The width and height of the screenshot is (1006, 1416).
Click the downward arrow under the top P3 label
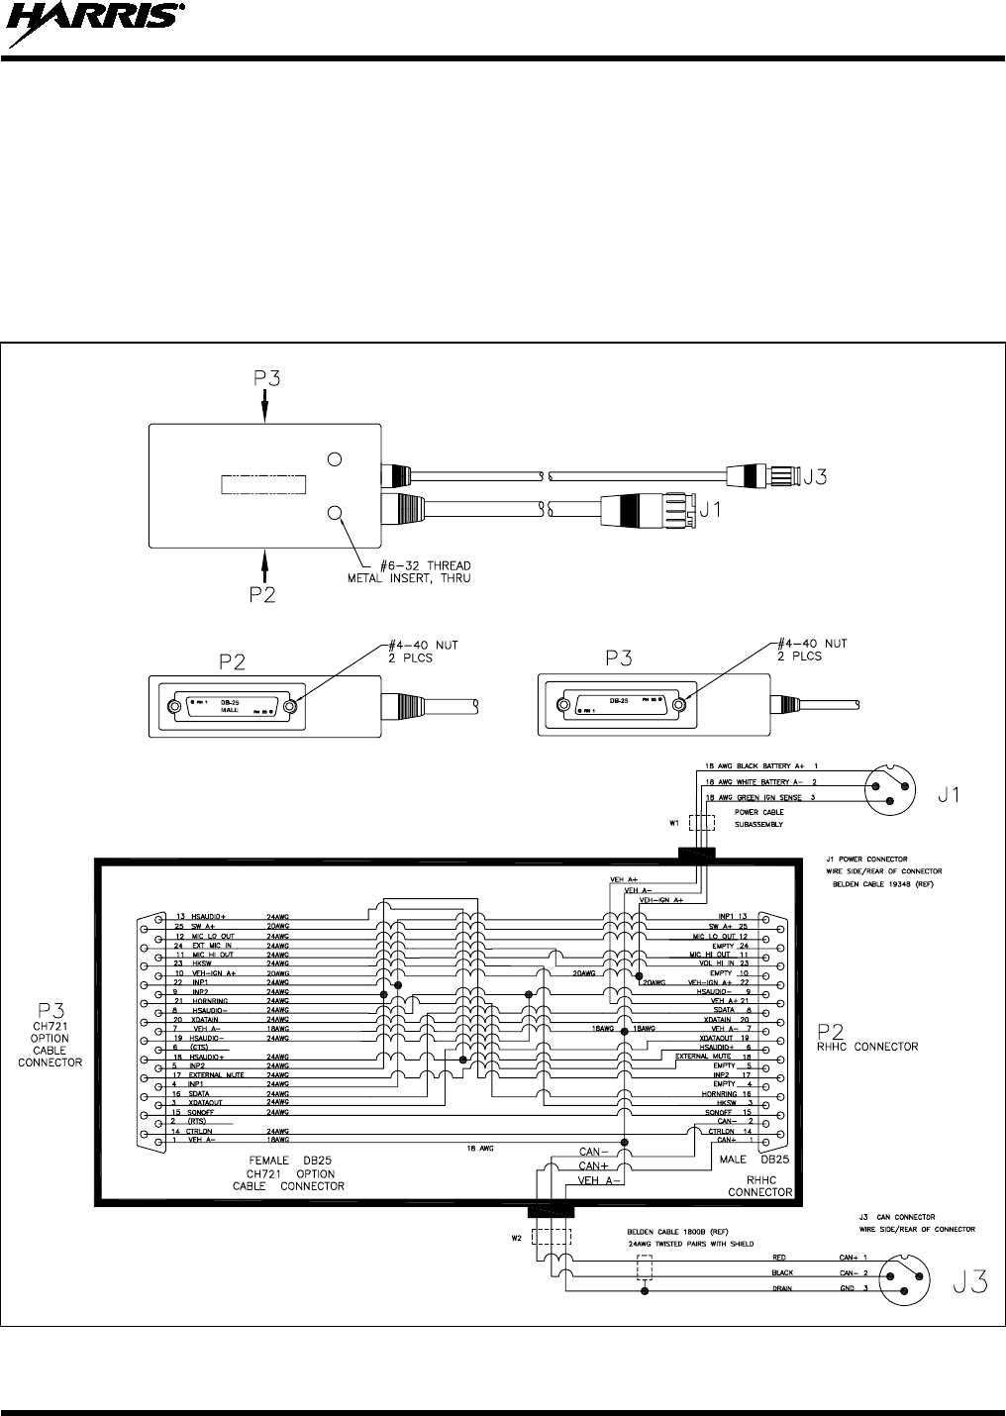[265, 406]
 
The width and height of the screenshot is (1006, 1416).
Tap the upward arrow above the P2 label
[265, 564]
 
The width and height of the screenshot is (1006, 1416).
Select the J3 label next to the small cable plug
[815, 477]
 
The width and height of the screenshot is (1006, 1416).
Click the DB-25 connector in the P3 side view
[620, 706]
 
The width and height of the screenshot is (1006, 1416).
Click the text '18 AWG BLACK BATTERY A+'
[750, 766]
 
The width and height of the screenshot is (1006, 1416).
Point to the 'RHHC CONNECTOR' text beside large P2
[867, 1045]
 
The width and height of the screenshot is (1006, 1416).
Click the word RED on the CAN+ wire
[780, 1257]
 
